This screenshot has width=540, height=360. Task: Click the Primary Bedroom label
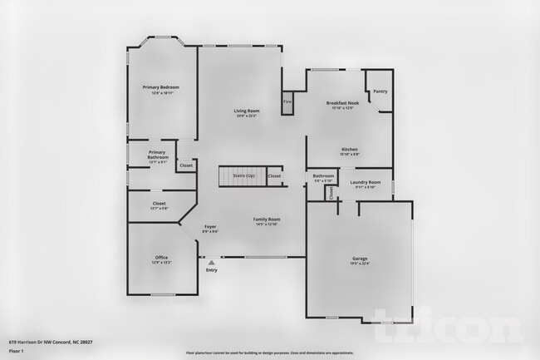pyautogui.click(x=160, y=87)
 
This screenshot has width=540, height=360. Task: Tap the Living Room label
pyautogui.click(x=246, y=111)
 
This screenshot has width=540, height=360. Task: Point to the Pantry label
pyautogui.click(x=380, y=91)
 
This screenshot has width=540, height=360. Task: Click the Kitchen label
pyautogui.click(x=350, y=150)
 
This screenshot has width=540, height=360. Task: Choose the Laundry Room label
pyautogui.click(x=365, y=182)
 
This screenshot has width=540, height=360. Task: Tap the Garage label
pyautogui.click(x=360, y=259)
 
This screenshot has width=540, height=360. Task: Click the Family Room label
pyautogui.click(x=267, y=219)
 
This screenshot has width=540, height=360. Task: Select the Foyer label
pyautogui.click(x=210, y=227)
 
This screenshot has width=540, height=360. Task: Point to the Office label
pyautogui.click(x=161, y=258)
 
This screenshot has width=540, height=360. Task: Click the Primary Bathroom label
pyautogui.click(x=158, y=155)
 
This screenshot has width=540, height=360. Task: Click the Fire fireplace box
pyautogui.click(x=288, y=102)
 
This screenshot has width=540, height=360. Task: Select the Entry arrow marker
pyautogui.click(x=211, y=263)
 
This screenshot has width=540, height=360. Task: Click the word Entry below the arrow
pyautogui.click(x=211, y=270)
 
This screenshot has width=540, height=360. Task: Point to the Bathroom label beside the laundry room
pyautogui.click(x=323, y=176)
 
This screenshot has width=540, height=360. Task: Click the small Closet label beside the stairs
pyautogui.click(x=274, y=176)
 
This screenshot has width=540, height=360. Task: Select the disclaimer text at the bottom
pyautogui.click(x=269, y=353)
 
